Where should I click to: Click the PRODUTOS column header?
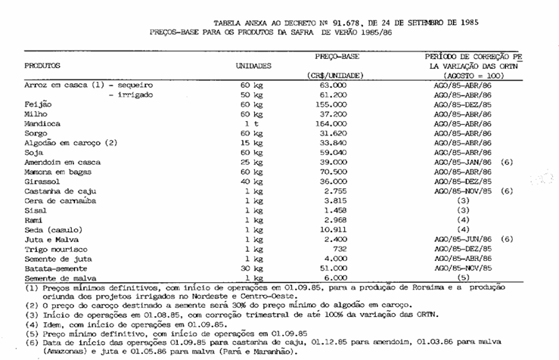pos(42,66)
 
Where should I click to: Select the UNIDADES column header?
pos(254,66)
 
